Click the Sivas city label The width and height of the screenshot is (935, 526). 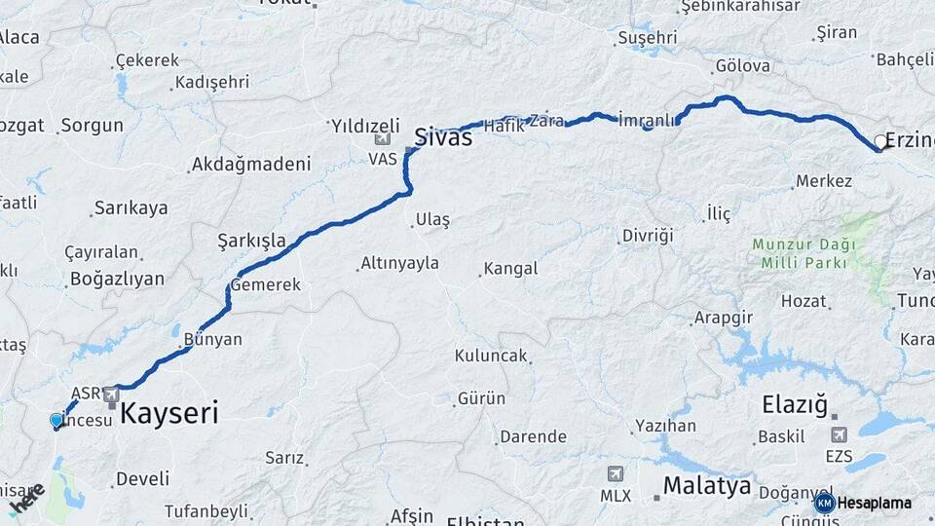(x=444, y=136)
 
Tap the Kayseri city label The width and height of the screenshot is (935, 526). (x=169, y=413)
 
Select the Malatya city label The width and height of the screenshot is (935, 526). (x=707, y=485)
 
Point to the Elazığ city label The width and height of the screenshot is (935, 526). (x=794, y=402)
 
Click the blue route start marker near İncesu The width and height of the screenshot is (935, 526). (x=56, y=421)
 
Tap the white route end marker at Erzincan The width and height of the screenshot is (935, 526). (x=880, y=142)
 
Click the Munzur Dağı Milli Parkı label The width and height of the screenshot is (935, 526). (x=804, y=252)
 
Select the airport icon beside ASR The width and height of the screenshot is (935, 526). (x=111, y=394)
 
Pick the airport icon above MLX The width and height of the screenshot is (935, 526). (x=616, y=474)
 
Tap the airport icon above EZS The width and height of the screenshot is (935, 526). (x=838, y=434)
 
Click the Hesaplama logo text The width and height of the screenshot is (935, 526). (x=874, y=503)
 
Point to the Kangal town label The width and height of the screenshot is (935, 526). (x=510, y=268)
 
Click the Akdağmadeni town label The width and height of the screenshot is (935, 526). (x=251, y=164)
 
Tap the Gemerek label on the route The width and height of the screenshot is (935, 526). (x=265, y=285)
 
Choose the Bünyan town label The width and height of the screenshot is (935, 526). (x=213, y=340)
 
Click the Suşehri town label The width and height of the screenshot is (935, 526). (x=647, y=38)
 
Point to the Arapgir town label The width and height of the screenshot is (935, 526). (x=725, y=319)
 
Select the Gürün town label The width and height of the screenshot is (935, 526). (x=481, y=398)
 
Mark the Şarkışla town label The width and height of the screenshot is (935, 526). (x=251, y=240)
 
